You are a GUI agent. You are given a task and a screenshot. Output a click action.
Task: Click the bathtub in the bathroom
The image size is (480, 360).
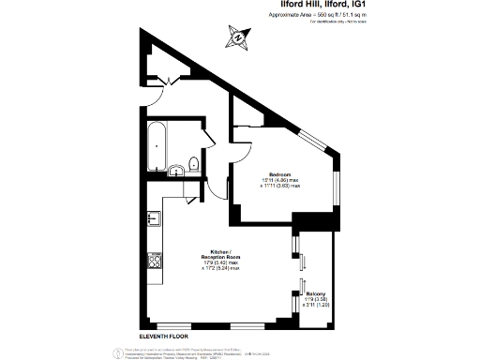tap(156, 142)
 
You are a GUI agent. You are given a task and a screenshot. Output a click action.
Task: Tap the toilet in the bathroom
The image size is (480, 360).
tap(193, 163)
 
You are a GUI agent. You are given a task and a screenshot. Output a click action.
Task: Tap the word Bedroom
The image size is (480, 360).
tap(279, 174)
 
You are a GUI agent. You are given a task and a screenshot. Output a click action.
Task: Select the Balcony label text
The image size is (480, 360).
tap(316, 294)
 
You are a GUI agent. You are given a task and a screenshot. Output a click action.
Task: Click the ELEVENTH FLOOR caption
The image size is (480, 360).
tap(164, 335)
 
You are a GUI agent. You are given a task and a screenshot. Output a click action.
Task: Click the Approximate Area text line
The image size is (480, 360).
tap(329, 17)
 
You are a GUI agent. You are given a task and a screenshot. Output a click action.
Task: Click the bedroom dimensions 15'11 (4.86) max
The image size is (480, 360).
tap(280, 180)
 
